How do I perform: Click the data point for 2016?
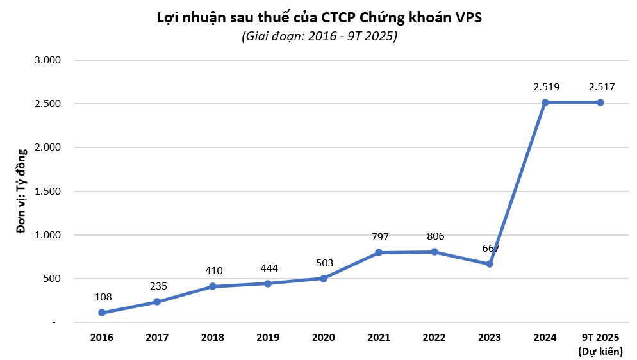pyautogui.click(x=102, y=313)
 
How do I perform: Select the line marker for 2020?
pyautogui.click(x=323, y=278)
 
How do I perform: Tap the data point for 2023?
pyautogui.click(x=490, y=264)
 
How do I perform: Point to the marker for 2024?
pyautogui.click(x=545, y=102)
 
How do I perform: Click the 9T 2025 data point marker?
pyautogui.click(x=600, y=102)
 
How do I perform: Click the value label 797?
pyautogui.click(x=380, y=237)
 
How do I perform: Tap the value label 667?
pyautogui.click(x=490, y=249)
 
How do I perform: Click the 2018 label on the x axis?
pyautogui.click(x=212, y=337)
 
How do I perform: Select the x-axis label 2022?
pyautogui.click(x=434, y=337)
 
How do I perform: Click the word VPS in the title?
pyautogui.click(x=467, y=17)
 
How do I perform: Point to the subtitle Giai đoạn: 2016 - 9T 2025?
pyautogui.click(x=319, y=37)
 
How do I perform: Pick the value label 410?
pyautogui.click(x=213, y=271)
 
